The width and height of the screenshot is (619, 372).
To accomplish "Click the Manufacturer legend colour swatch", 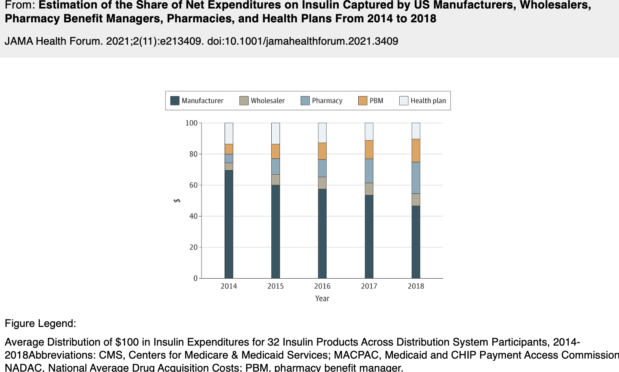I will click(175, 101).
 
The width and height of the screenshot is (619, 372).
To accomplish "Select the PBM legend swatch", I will click(363, 101).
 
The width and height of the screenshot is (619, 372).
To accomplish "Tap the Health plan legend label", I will click(428, 101).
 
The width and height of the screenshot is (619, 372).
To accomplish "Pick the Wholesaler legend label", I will click(268, 101).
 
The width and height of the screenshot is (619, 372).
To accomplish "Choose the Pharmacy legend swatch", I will click(305, 101).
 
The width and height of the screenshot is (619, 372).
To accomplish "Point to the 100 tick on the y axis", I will click(191, 123).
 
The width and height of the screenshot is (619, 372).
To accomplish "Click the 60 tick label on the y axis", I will click(193, 185).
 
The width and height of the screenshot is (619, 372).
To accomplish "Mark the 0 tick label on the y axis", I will click(195, 279).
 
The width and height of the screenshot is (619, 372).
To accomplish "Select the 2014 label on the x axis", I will click(229, 286).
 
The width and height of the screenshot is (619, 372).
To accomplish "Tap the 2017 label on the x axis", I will click(369, 286).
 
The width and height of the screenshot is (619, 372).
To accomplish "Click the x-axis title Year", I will click(322, 298).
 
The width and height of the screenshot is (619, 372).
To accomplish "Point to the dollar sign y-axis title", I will click(177, 201).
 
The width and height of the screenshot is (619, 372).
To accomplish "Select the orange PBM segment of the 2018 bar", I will click(416, 151).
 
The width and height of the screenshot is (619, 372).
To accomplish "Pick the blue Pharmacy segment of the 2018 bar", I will click(416, 178).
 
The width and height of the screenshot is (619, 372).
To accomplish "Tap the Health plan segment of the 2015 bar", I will click(275, 133).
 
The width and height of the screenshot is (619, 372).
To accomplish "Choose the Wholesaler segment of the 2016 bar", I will click(322, 183).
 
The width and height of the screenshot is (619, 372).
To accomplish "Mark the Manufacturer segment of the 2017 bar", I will click(369, 237).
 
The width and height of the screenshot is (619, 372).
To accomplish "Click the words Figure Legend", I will click(40, 324).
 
